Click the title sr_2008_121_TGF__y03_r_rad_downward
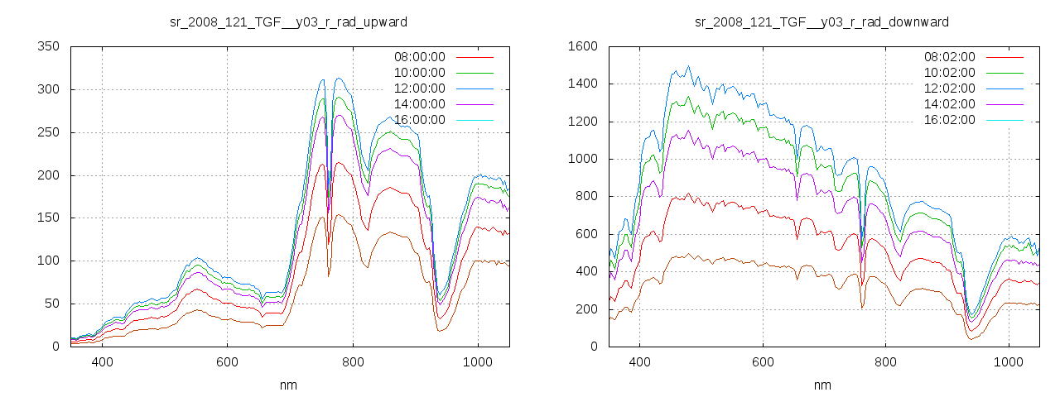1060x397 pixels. (x=821, y=22)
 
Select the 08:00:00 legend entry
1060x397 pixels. (x=419, y=57)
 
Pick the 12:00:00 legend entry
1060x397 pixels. (x=419, y=88)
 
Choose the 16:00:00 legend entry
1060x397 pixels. (x=419, y=120)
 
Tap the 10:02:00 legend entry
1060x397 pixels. (x=949, y=73)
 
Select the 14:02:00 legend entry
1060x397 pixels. (x=949, y=104)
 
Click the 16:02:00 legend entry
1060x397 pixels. (x=949, y=120)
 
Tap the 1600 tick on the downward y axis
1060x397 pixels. (x=583, y=46)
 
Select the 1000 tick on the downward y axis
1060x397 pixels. (x=583, y=159)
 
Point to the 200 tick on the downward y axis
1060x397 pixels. (x=586, y=309)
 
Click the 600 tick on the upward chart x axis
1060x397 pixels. (x=228, y=362)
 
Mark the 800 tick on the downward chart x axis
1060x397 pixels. (x=885, y=362)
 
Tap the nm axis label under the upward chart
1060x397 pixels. (x=288, y=385)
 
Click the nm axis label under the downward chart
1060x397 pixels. (x=821, y=385)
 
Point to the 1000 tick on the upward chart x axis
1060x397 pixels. (x=478, y=362)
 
